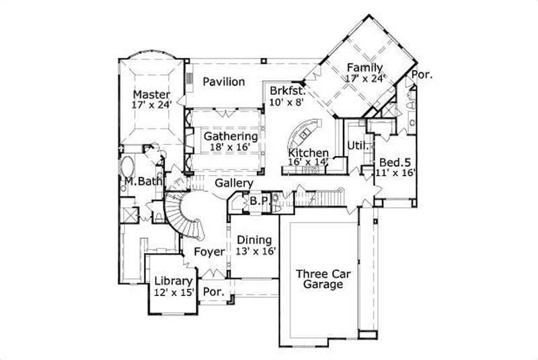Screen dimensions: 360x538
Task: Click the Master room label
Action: [151, 94]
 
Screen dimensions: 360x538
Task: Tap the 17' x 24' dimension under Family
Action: [365, 78]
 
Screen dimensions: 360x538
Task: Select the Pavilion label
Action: [223, 82]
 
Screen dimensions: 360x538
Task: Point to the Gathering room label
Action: [231, 136]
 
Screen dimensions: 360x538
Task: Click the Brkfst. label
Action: [288, 90]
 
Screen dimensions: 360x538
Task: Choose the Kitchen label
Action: [309, 153]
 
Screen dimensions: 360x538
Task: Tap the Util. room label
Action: [356, 146]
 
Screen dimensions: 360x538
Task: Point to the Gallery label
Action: [234, 183]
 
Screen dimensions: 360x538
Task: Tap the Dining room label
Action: [254, 240]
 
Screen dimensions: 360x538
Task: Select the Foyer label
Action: [208, 252]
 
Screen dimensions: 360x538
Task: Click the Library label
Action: [174, 281]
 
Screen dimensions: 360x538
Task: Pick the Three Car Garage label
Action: [320, 279]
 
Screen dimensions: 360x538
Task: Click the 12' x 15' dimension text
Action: [174, 293]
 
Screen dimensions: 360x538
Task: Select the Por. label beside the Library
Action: [213, 293]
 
